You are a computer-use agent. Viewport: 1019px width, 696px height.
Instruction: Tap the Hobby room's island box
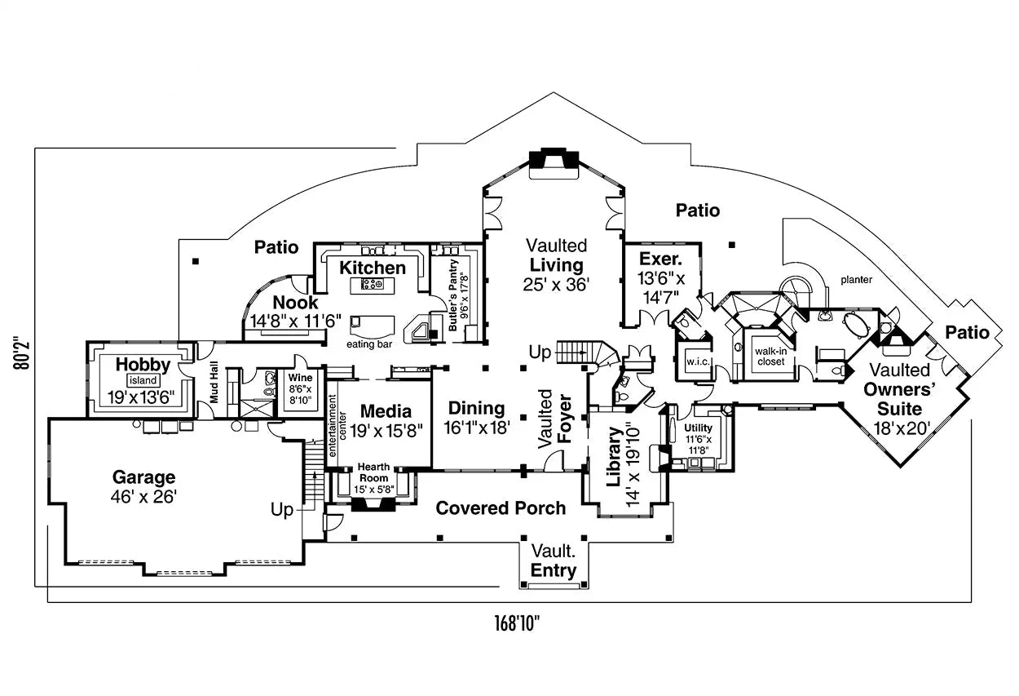pyautogui.click(x=143, y=380)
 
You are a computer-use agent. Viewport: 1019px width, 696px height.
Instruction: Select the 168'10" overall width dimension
pyautogui.click(x=517, y=624)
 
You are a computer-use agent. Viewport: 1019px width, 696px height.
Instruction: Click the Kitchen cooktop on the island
pyautogui.click(x=373, y=284)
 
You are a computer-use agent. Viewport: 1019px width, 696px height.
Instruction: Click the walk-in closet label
pyautogui.click(x=770, y=356)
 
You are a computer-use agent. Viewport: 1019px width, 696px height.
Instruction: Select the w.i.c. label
pyautogui.click(x=695, y=360)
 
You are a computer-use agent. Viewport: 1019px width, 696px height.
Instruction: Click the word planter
pyautogui.click(x=857, y=280)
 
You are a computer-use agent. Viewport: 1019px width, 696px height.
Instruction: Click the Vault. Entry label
pyautogui.click(x=554, y=561)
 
